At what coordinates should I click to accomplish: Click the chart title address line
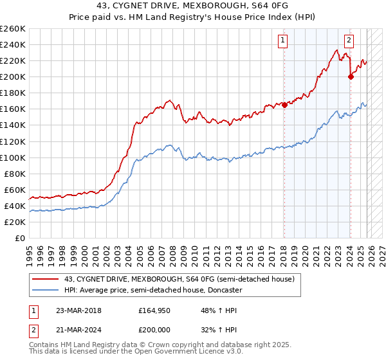(x=193, y=6)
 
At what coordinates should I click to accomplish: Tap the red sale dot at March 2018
(x=284, y=105)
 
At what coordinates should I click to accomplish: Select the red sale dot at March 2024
(x=351, y=76)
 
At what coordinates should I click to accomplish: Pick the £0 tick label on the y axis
(x=20, y=238)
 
